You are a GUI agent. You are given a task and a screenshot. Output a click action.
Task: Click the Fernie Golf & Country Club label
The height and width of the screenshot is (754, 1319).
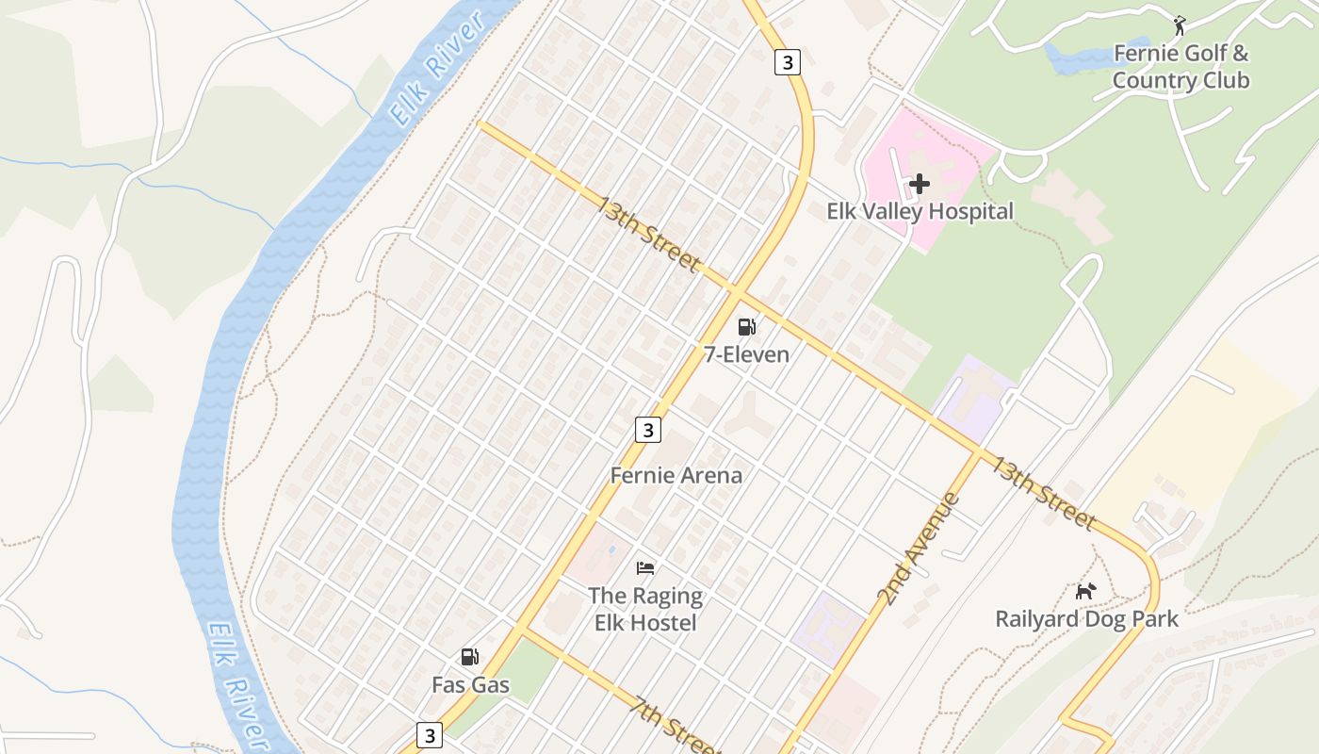(x=1181, y=66)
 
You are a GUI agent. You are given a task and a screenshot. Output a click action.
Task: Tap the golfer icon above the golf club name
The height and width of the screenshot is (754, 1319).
(x=1180, y=25)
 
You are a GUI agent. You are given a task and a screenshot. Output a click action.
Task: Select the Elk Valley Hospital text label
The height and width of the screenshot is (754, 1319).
(x=920, y=211)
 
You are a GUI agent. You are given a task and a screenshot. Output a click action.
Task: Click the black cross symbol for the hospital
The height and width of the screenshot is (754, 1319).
(x=920, y=184)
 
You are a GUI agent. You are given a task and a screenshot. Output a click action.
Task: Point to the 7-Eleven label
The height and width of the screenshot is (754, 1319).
(x=746, y=354)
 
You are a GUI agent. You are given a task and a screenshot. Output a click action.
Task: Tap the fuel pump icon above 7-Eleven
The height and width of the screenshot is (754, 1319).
(x=746, y=327)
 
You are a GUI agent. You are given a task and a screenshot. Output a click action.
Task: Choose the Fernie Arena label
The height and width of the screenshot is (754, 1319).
(x=676, y=475)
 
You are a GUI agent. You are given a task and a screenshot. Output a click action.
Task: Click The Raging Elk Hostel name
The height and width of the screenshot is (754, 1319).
(x=645, y=609)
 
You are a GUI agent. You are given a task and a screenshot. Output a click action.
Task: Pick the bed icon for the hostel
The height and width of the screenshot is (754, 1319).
(x=645, y=568)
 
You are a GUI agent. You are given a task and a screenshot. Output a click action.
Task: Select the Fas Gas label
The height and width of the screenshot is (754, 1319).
(x=470, y=684)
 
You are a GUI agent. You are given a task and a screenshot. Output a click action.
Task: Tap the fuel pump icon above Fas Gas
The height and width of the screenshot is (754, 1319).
(x=469, y=657)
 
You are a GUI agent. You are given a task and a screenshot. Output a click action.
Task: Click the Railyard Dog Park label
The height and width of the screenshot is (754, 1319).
(x=1086, y=619)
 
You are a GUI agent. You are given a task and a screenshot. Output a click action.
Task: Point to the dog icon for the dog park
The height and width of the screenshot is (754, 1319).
(x=1086, y=591)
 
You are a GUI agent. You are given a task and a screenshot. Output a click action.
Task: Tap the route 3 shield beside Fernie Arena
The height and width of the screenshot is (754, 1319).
(x=647, y=430)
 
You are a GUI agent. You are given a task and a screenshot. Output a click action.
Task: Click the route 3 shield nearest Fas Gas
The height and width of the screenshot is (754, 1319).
(x=430, y=734)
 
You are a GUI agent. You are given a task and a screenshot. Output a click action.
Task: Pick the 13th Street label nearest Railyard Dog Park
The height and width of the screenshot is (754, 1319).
(x=1040, y=491)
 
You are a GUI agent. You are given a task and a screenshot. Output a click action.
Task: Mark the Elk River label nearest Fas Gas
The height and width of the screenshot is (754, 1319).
(x=236, y=683)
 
